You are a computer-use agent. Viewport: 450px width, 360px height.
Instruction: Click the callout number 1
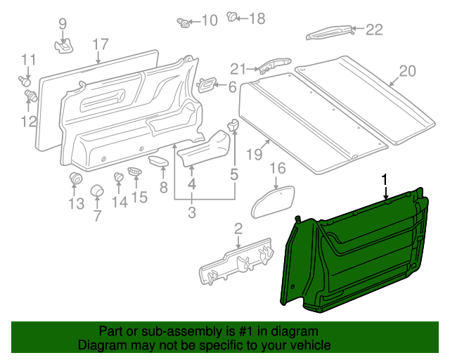pyautogui.click(x=385, y=180)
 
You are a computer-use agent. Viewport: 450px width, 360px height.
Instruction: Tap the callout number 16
pyautogui.click(x=278, y=168)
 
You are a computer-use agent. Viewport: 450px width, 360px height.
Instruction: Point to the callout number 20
pyautogui.click(x=408, y=71)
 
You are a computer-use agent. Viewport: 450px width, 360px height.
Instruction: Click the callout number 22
pyautogui.click(x=373, y=30)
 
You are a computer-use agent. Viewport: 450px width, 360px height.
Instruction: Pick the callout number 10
pyautogui.click(x=210, y=21)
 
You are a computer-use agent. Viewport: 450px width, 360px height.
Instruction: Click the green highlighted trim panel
pyautogui.click(x=352, y=253)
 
